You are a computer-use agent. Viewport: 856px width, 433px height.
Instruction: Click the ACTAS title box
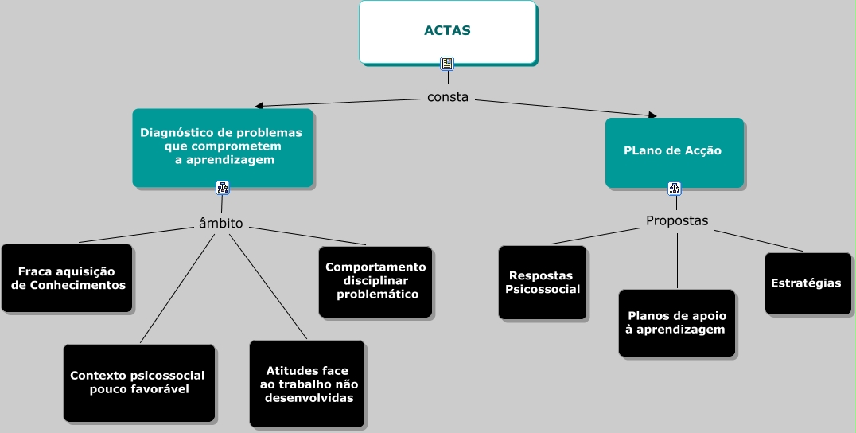pos(447,31)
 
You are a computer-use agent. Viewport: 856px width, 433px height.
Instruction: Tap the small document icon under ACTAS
pos(447,64)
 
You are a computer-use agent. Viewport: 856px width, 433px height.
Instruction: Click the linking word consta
pos(448,98)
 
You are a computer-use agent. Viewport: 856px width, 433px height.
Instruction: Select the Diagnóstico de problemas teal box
pos(222,147)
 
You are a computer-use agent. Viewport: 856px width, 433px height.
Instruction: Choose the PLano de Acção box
pos(674,151)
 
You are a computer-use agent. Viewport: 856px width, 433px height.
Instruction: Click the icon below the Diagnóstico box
pos(223,188)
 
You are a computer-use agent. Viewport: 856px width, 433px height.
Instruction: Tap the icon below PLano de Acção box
pos(675,189)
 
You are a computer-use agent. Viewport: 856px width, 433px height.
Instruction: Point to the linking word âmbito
pos(220,224)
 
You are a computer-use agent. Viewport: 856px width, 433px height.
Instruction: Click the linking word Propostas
pos(677,220)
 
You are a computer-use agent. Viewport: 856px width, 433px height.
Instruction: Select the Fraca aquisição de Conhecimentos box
pos(67,278)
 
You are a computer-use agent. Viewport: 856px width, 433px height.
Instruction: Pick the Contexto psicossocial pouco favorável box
pos(138,383)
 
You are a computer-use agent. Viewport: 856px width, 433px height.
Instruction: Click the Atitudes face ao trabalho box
pos(307,384)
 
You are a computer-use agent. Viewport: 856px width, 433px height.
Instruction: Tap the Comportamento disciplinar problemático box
pos(375,280)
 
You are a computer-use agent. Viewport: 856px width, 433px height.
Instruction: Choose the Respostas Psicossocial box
pos(543,283)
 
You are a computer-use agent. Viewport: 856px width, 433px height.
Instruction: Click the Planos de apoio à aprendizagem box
pos(677,322)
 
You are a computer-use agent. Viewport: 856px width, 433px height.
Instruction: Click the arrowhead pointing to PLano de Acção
pos(652,115)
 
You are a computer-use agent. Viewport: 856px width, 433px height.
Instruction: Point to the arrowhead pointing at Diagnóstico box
pos(259,105)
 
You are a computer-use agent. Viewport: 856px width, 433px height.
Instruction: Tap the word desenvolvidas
pos(309,397)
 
